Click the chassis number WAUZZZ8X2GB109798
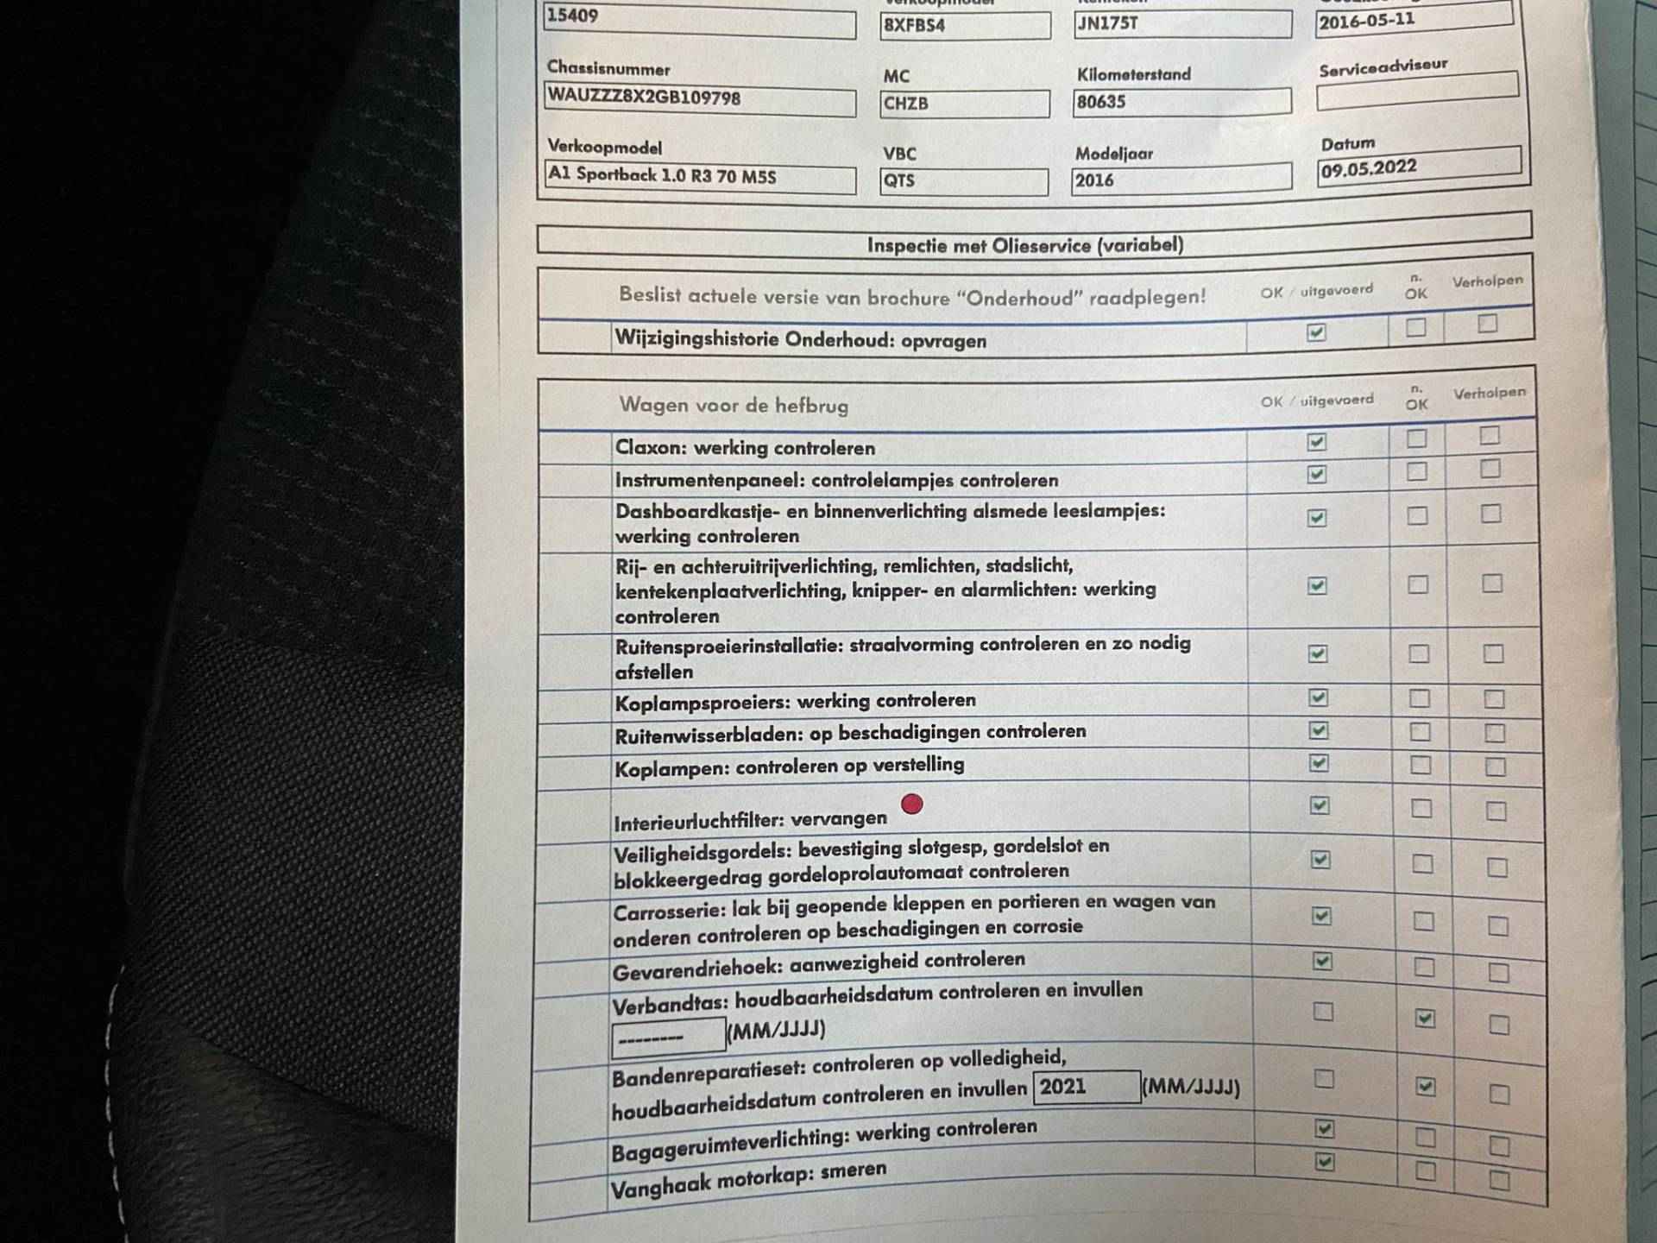pos(644,98)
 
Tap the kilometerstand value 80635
pos(1101,102)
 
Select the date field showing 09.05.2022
pos(1369,168)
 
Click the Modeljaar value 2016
pos(1094,180)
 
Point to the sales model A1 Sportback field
pos(662,175)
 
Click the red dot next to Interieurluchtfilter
pos(911,804)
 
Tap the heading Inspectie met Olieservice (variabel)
pos(1024,245)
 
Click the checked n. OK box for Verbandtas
pos(1424,1019)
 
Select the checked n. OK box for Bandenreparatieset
pos(1425,1087)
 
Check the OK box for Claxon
pos(1316,442)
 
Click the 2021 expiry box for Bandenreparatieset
pos(1086,1087)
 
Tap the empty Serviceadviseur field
pos(1416,91)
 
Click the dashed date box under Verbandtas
pos(668,1036)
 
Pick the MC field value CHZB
pos(906,104)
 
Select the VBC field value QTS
pos(899,181)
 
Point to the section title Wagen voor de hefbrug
pos(734,405)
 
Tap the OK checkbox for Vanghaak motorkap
pos(1324,1162)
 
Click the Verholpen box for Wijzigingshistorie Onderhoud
pos(1487,324)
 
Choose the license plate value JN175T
pos(1108,24)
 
